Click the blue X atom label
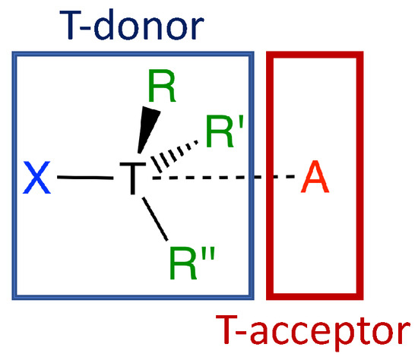(x=37, y=179)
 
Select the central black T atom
(x=131, y=179)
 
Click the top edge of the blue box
(x=132, y=54)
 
